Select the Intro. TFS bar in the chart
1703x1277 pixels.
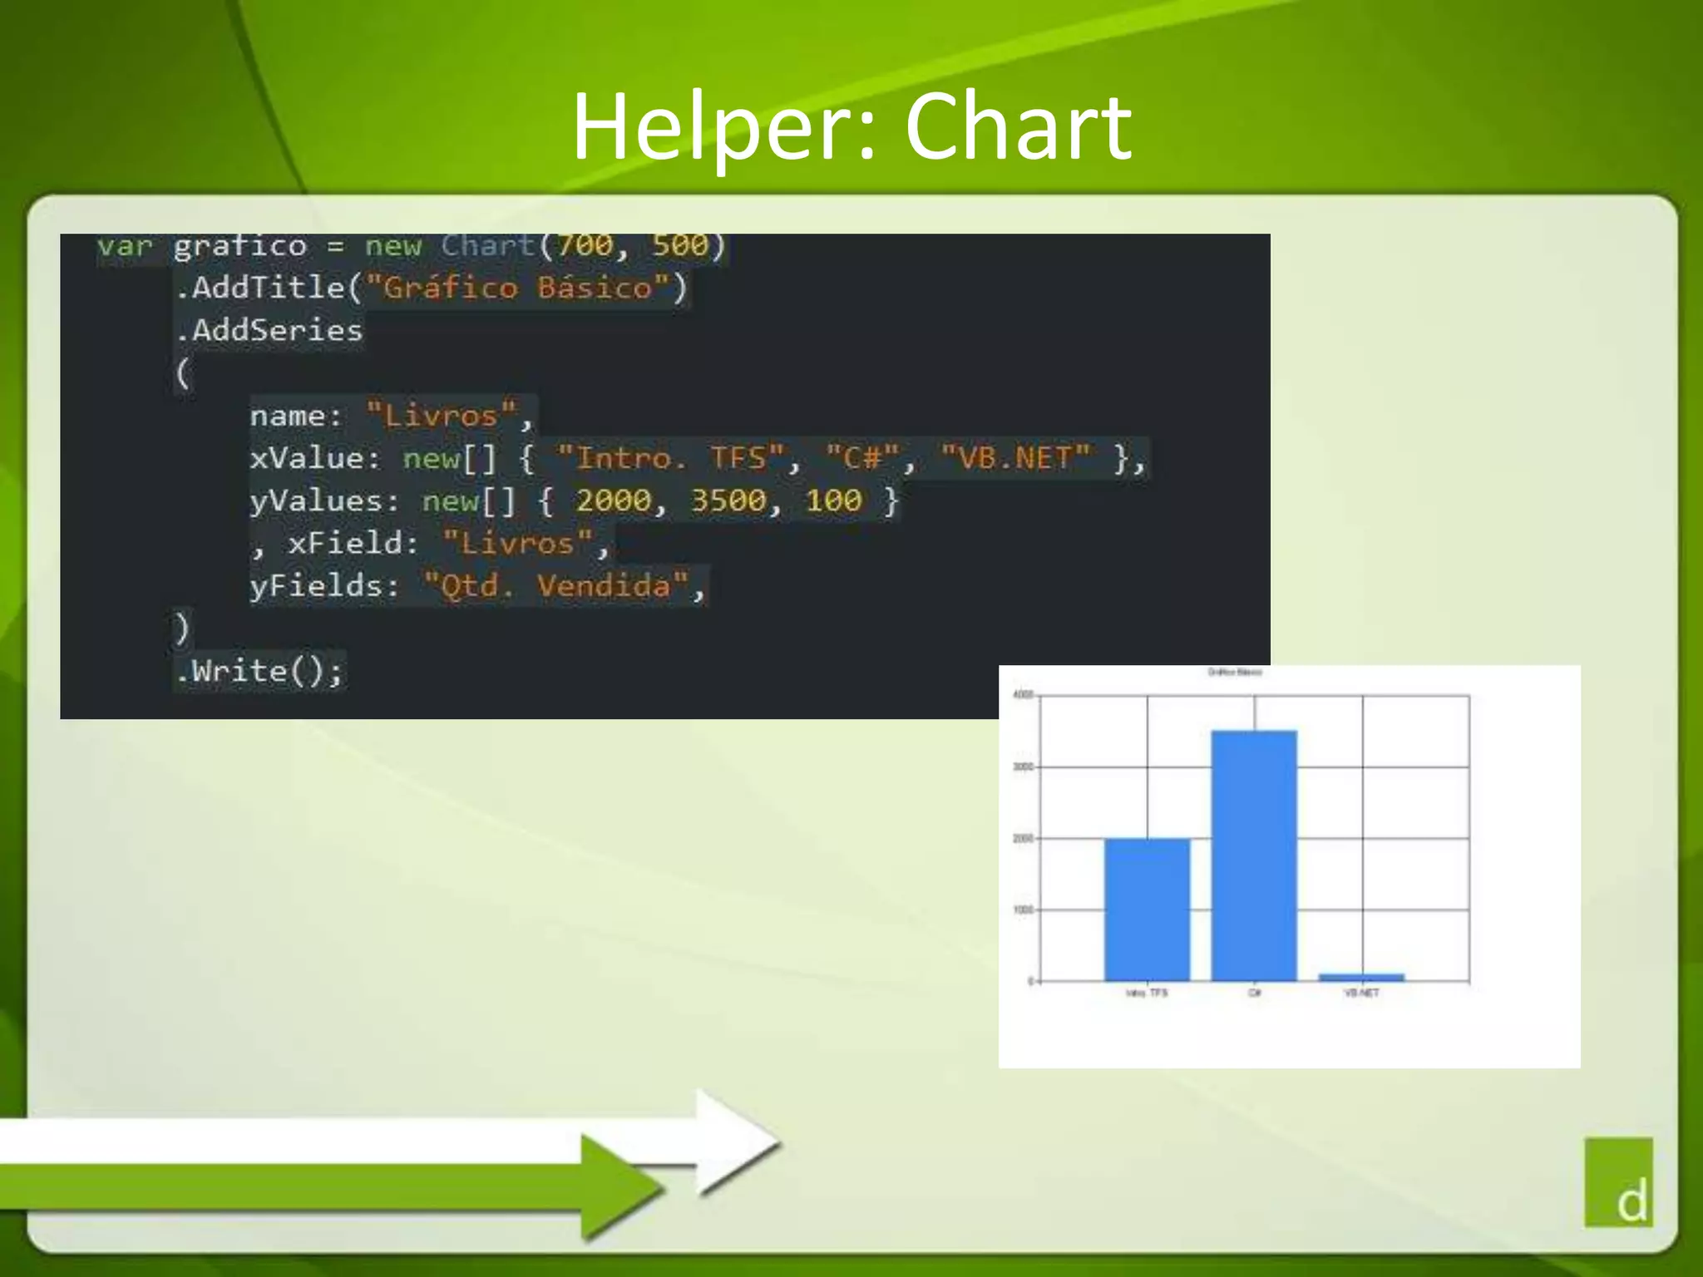(1147, 910)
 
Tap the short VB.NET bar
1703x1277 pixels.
(1361, 978)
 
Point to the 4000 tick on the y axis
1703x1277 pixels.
(1023, 695)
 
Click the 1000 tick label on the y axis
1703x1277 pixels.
(1023, 910)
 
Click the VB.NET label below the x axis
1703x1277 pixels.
(1361, 993)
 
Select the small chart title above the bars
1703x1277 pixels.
(1235, 672)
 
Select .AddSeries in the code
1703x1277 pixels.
(269, 330)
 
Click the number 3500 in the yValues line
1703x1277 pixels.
(728, 500)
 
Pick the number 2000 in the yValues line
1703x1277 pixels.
(613, 500)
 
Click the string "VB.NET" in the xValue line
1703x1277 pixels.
(1014, 458)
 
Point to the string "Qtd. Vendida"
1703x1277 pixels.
(555, 586)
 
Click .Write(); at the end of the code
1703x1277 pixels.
(259, 671)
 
